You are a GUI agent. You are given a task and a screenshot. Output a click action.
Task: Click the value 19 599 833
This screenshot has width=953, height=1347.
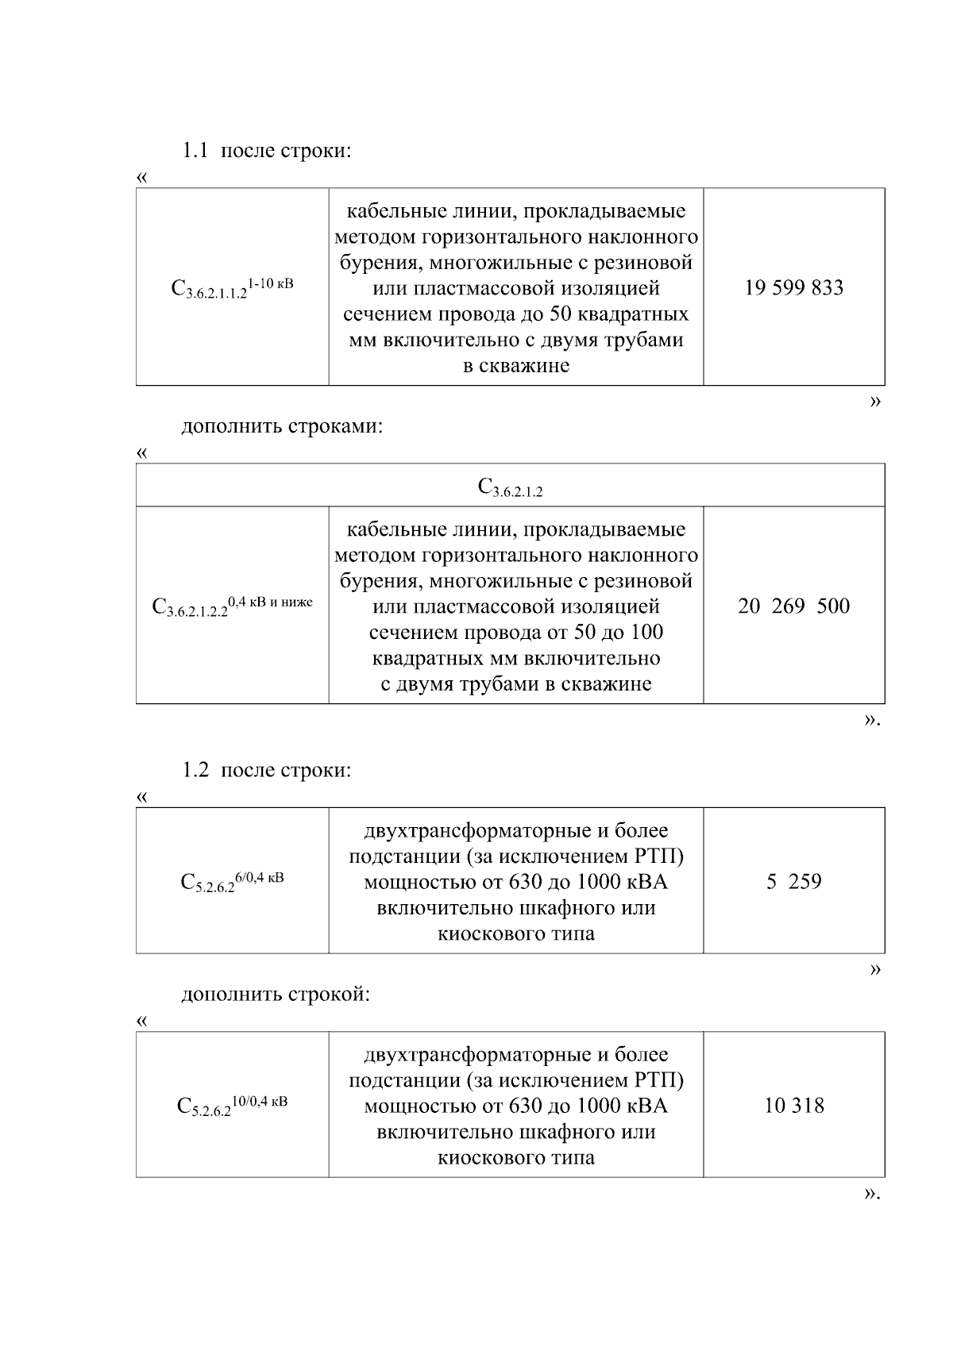pos(793,288)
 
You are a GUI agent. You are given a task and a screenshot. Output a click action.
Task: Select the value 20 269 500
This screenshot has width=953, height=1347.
pos(793,606)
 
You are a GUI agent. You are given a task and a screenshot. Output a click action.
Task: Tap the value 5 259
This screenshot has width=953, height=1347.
pos(793,882)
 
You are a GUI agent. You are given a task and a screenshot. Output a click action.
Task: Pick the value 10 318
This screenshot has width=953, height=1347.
pos(793,1106)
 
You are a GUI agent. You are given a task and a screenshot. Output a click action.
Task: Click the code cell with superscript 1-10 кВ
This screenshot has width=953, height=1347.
pos(232,287)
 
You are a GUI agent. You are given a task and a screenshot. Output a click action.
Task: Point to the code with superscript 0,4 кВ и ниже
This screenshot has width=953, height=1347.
pos(232,606)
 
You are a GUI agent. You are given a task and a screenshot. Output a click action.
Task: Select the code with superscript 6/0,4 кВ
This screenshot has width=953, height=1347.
pos(232,882)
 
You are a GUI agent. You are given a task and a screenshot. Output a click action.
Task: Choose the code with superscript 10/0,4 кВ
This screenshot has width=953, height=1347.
pos(232,1106)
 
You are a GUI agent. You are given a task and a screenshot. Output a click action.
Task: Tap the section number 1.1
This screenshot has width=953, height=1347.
pos(195,151)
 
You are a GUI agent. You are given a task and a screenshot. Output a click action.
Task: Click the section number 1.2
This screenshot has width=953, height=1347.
pos(195,770)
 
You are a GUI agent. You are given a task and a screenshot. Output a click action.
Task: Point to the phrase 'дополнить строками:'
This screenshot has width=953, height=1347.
pos(282,427)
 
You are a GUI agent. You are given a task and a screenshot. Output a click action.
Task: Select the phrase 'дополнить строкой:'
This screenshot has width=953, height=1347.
pos(276,995)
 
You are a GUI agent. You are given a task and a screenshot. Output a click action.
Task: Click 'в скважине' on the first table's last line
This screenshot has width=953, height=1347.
pos(516,367)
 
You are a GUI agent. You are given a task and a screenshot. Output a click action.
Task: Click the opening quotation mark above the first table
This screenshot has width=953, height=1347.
pos(142,177)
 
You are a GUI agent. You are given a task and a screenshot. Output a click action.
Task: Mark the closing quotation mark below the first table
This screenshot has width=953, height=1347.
pos(875,402)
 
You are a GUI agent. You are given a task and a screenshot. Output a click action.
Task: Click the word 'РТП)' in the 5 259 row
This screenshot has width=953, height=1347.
pos(659,857)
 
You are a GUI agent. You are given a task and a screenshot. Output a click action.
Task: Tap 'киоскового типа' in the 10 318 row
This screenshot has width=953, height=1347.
pos(516,1157)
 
